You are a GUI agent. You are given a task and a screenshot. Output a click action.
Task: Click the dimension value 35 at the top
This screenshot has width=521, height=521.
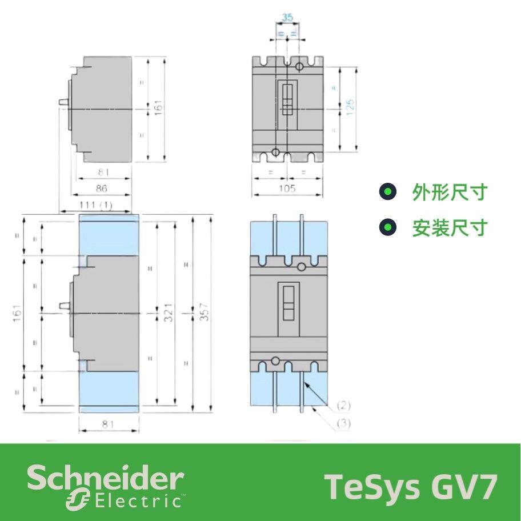tap(287, 17)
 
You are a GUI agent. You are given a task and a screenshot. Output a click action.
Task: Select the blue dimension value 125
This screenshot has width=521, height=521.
tap(350, 107)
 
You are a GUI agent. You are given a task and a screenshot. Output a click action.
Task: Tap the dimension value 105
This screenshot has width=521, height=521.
tap(287, 188)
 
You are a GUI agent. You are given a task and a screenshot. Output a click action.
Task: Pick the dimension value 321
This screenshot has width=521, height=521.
tap(170, 313)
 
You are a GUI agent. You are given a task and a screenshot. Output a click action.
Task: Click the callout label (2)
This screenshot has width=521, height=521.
tap(343, 406)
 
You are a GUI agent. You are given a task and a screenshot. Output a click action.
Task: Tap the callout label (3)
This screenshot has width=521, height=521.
tap(343, 423)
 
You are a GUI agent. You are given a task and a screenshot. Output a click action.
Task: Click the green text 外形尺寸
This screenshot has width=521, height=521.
tap(449, 193)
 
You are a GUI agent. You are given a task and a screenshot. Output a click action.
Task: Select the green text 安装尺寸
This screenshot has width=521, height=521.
tap(449, 229)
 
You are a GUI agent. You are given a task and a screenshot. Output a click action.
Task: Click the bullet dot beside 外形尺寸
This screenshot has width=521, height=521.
tap(388, 193)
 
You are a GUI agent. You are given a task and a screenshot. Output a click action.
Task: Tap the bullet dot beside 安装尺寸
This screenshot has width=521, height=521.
tap(388, 229)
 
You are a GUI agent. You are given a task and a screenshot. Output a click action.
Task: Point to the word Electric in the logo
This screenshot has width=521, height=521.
tap(137, 502)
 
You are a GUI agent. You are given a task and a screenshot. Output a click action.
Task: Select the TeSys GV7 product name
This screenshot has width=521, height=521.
tap(411, 486)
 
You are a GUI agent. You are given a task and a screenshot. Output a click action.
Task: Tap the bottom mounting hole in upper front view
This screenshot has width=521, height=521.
tap(276, 152)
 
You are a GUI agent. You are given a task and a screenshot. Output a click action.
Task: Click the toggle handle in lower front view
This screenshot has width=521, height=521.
tap(288, 302)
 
